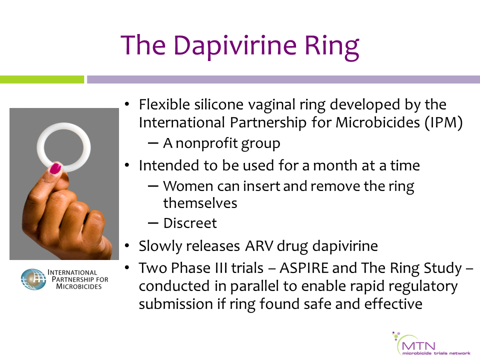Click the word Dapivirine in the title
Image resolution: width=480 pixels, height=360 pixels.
[235, 46]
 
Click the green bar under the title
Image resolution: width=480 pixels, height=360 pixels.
[42, 79]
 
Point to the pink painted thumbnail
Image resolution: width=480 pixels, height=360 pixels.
[55, 168]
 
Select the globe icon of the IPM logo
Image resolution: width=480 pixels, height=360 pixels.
[33, 279]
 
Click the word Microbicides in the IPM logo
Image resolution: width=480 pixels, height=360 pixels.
[78, 286]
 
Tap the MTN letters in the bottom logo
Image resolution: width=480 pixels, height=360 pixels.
[418, 346]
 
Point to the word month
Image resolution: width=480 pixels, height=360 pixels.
[335, 165]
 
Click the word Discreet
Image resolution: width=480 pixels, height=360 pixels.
[190, 223]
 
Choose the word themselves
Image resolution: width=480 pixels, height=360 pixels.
[200, 203]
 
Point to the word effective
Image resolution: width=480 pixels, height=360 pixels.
[393, 304]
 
